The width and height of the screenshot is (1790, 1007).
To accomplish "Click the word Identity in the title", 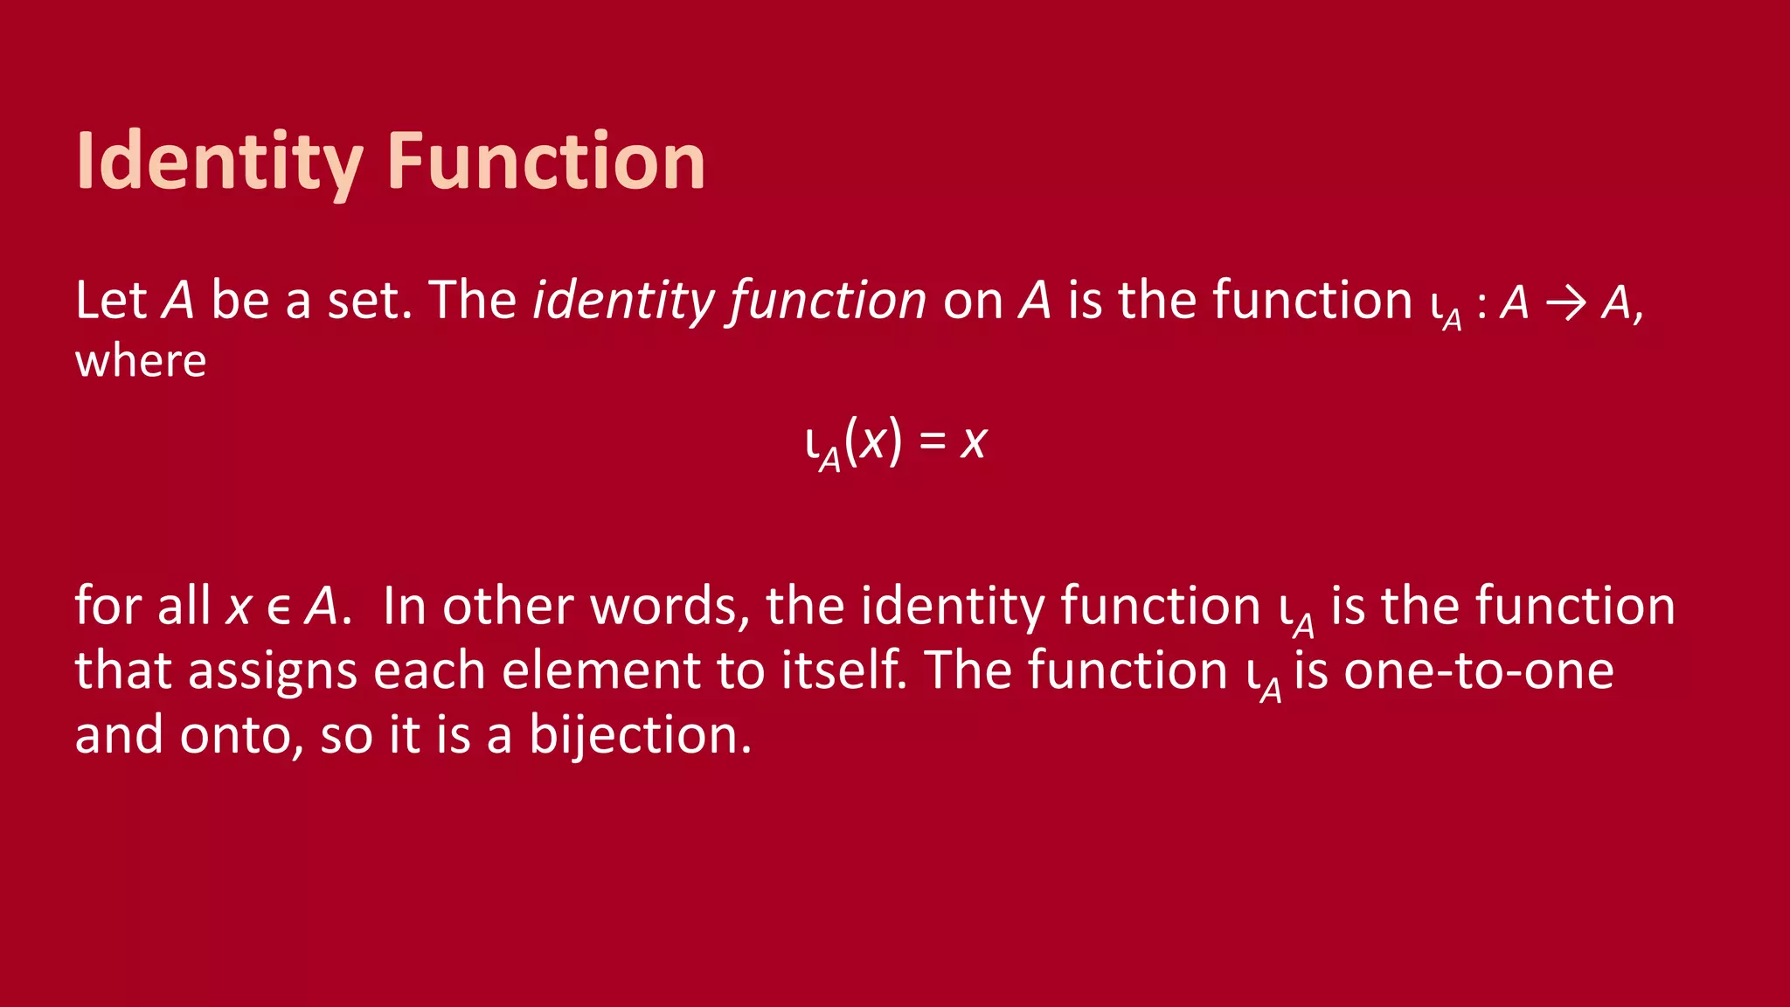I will point(219,162).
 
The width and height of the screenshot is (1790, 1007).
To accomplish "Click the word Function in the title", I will point(546,162).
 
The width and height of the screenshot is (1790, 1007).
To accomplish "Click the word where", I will point(141,361).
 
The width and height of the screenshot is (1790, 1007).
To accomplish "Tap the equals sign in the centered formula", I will point(933,441).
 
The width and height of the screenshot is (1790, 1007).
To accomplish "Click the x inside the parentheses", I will point(873,441).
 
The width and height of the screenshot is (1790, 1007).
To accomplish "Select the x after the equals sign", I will point(974,441).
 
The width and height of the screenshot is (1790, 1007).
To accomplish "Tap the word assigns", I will point(273,671).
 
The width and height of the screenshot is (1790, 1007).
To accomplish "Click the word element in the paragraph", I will point(600,670).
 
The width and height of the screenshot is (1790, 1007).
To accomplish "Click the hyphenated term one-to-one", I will point(1478,670).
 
